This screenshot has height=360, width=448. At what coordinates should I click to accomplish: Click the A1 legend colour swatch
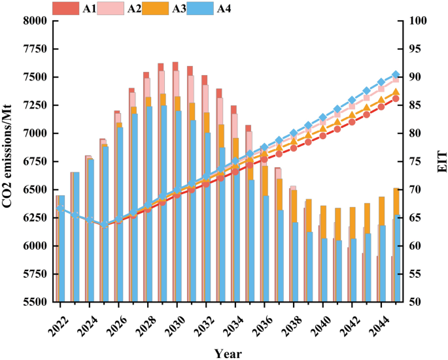point(65,8)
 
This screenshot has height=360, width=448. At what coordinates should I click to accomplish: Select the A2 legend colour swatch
point(111,8)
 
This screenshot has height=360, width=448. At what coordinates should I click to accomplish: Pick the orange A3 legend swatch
point(156,8)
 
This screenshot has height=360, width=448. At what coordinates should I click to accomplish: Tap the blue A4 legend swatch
point(200,8)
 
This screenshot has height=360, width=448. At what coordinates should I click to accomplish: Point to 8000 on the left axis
point(35,21)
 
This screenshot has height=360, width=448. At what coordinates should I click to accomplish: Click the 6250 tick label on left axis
point(35,218)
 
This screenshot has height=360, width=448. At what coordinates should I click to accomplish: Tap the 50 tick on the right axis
point(414,302)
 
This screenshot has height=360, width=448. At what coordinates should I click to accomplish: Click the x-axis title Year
point(228,353)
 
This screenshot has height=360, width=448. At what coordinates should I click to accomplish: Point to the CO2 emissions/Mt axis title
point(7,156)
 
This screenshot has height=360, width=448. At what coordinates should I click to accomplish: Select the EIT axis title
point(442,162)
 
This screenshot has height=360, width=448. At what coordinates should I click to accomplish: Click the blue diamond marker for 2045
point(396,74)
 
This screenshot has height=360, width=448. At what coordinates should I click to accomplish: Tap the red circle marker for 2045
point(396,99)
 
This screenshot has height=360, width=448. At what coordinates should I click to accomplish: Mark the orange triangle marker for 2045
point(396,91)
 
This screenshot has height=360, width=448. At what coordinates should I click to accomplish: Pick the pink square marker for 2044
point(381,89)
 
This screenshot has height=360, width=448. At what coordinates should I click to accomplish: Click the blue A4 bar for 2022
point(61,249)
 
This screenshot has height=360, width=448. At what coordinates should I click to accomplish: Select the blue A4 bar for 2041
point(339,271)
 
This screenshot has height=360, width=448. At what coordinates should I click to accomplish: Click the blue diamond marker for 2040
point(323,118)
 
